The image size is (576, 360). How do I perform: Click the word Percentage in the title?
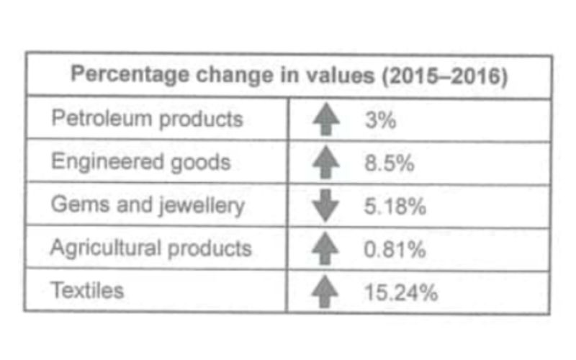point(130,75)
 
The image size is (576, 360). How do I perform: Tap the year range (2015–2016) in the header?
point(444,76)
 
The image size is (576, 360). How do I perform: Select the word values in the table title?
point(339,75)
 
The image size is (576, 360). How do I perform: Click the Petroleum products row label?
point(148,119)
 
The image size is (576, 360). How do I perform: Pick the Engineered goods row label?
point(141,161)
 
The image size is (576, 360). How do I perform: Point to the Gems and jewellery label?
point(148,205)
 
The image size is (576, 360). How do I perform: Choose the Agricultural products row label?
point(151,248)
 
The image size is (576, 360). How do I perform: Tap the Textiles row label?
point(87,290)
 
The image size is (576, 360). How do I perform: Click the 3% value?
point(381,120)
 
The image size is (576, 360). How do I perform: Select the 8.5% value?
point(390,163)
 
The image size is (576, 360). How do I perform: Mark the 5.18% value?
point(395,206)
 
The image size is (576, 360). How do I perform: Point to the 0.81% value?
point(395,249)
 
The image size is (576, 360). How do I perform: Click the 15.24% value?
point(401,293)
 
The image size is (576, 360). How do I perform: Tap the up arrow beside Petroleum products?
point(326,120)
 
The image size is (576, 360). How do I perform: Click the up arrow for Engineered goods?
point(326,163)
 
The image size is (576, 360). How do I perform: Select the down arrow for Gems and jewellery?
point(325,206)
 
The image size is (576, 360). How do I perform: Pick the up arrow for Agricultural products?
point(325,248)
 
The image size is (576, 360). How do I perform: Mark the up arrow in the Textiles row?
point(325,292)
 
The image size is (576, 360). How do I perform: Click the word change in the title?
point(235,76)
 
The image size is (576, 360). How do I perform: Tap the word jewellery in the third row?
point(202,205)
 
